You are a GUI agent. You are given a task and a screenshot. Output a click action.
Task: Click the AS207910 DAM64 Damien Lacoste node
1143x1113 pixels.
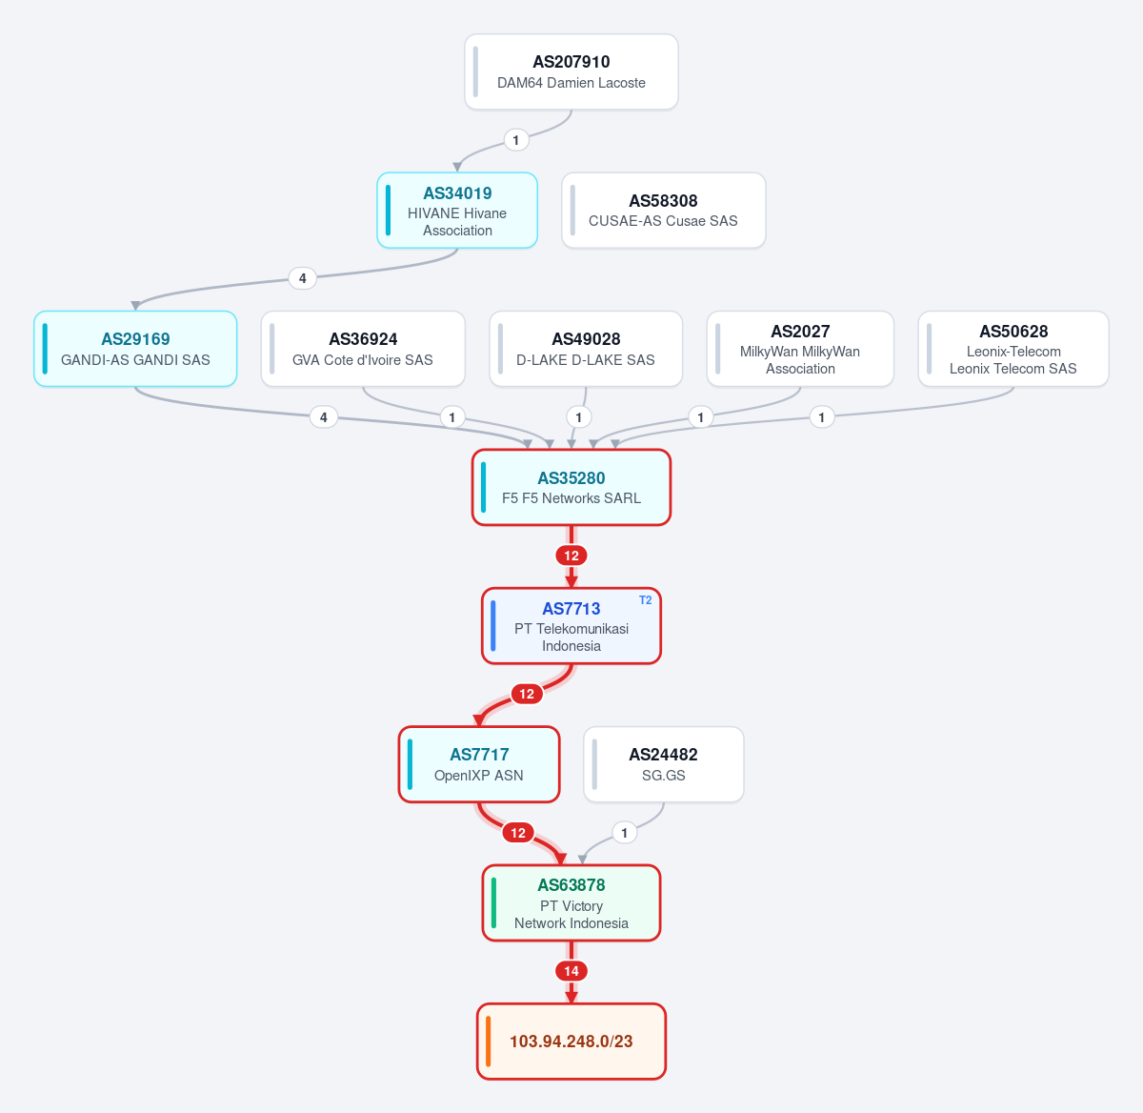click(571, 71)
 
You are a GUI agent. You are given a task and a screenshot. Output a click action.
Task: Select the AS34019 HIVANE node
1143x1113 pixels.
click(457, 211)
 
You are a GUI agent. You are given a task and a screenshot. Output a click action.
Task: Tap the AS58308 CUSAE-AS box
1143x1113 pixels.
click(663, 211)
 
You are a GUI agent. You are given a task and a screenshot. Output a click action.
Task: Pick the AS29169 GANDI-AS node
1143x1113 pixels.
click(135, 349)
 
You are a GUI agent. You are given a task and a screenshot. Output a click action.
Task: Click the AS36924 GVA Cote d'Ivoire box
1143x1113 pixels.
click(363, 349)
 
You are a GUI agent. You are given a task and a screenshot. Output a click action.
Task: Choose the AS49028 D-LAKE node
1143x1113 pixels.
click(586, 349)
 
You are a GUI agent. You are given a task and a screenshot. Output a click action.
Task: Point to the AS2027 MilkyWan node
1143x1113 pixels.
click(800, 349)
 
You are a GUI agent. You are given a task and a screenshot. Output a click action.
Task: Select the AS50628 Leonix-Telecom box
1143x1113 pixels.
click(1013, 349)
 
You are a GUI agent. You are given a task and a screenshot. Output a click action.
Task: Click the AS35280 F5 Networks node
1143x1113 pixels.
click(571, 488)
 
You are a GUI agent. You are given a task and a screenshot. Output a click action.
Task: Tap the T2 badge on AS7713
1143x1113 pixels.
click(645, 600)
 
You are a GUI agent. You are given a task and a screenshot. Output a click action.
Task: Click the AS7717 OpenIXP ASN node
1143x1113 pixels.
click(479, 764)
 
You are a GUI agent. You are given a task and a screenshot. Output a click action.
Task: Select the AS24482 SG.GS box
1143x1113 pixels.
click(663, 764)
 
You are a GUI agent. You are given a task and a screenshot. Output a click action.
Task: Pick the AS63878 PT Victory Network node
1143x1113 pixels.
click(571, 903)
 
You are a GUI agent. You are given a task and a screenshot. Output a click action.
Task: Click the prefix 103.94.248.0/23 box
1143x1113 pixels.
click(571, 1042)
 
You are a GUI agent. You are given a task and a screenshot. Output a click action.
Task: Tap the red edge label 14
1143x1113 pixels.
click(571, 971)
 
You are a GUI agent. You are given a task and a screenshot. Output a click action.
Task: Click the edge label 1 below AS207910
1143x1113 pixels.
click(515, 140)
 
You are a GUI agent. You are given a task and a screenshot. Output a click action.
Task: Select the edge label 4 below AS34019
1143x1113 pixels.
click(303, 278)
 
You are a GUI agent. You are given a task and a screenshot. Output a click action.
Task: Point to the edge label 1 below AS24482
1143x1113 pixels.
click(624, 833)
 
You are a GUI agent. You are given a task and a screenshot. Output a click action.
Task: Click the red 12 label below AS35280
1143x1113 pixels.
click(571, 556)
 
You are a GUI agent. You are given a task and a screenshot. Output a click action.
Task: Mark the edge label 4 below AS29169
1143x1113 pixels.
click(324, 417)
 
